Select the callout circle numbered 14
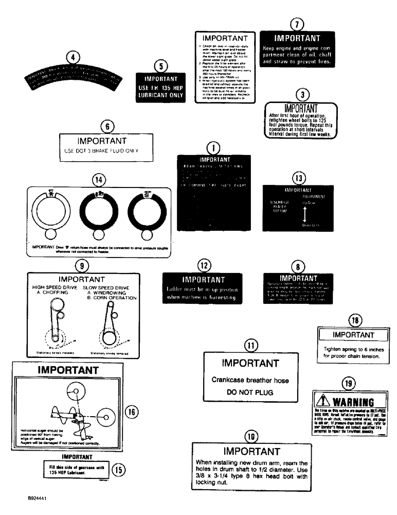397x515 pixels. [98, 180]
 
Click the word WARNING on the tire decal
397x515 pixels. [357, 402]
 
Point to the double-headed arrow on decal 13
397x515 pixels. [304, 212]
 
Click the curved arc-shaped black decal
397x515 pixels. [74, 80]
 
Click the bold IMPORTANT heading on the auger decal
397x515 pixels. [68, 370]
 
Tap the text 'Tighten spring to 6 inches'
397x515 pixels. [354, 349]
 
